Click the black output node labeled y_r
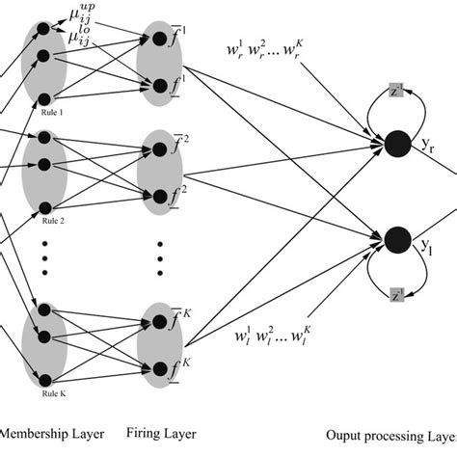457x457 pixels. [394, 147]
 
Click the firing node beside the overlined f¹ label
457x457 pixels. [156, 40]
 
